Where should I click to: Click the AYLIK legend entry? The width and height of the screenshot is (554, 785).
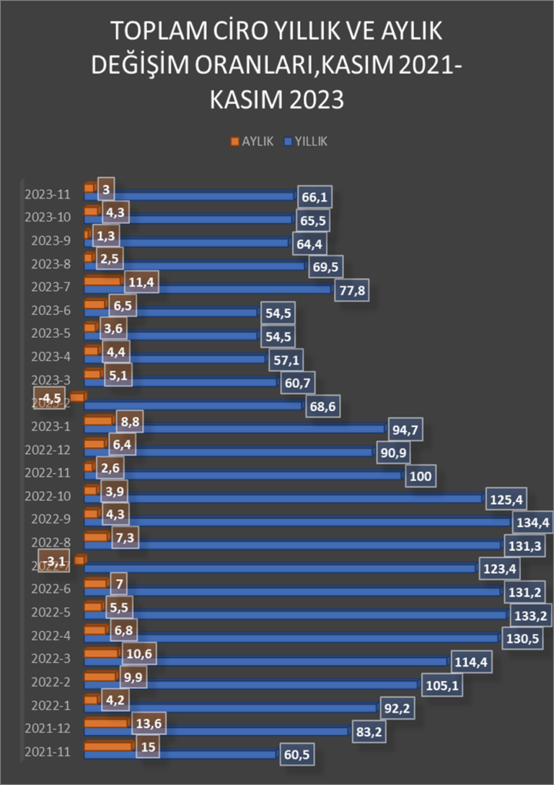[x=252, y=142]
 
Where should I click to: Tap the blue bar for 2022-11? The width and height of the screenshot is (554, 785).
[x=245, y=475]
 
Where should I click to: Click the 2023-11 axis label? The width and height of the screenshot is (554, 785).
[x=47, y=194]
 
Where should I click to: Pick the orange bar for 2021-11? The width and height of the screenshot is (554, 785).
[x=108, y=745]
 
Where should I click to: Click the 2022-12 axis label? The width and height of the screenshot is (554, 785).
[x=47, y=451]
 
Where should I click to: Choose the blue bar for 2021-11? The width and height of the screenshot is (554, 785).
[x=180, y=755]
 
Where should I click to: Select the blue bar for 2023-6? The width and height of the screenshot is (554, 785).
[x=173, y=313]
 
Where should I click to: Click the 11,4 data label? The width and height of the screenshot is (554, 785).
[x=141, y=281]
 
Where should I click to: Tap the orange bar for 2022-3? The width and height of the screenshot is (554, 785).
[x=101, y=653]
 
